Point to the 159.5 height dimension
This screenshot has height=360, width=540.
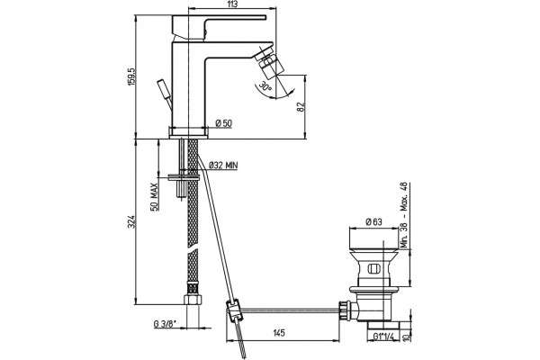click(x=132, y=76)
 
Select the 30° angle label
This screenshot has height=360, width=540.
click(x=265, y=86)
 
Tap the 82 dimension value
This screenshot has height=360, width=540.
click(x=301, y=107)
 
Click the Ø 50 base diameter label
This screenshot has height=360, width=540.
click(x=224, y=123)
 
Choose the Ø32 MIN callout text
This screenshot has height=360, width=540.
click(x=223, y=166)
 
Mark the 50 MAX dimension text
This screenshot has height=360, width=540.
click(x=155, y=197)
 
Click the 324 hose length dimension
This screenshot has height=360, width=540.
click(x=131, y=221)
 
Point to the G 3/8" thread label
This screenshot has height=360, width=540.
click(x=165, y=324)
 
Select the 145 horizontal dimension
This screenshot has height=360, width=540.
click(x=279, y=333)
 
